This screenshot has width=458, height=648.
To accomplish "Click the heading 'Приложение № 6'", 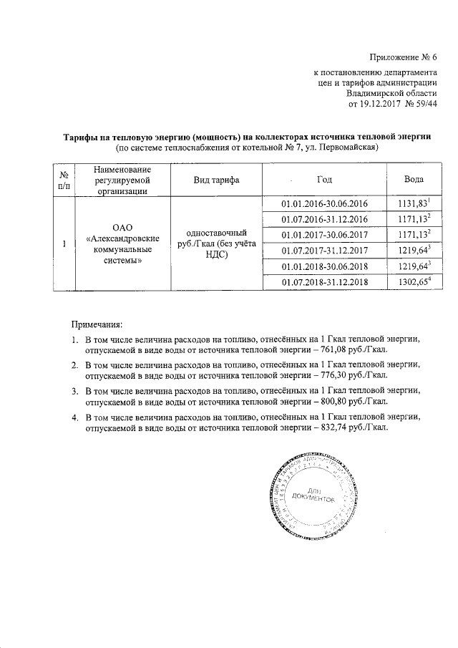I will tap(402, 57).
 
